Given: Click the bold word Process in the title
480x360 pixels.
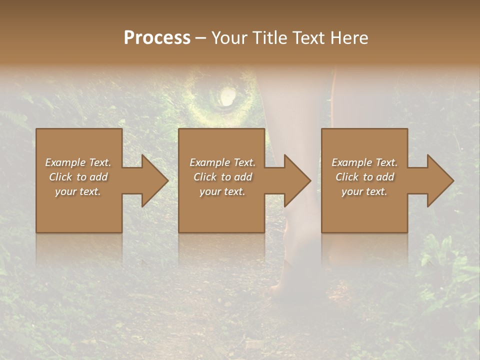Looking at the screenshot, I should [157, 38].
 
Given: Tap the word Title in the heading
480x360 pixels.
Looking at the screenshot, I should [268, 38].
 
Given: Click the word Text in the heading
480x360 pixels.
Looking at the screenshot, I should [308, 38].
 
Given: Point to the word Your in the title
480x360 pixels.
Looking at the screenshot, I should [229, 38].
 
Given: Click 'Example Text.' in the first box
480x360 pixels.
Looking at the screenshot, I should [78, 162].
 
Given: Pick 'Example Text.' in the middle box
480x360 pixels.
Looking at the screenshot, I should [222, 162].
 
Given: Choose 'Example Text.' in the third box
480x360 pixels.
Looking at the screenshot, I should [364, 162].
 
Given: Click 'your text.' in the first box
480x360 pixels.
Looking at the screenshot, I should [78, 191].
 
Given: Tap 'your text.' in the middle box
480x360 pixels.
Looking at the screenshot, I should [222, 191].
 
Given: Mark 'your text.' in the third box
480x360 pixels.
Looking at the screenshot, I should [364, 191].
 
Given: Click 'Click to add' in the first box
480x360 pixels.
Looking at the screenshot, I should [78, 177].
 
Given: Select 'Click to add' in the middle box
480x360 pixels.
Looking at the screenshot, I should [222, 177].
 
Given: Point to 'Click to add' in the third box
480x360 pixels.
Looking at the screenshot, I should [364, 177].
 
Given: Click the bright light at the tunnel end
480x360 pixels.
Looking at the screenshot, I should [227, 96].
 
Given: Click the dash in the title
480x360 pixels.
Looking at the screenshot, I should [200, 38].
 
